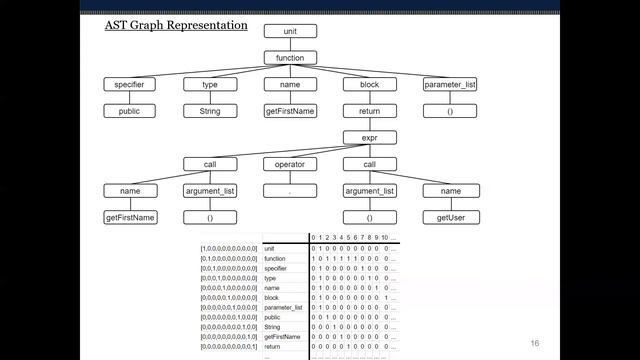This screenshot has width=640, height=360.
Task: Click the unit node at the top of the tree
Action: pyautogui.click(x=290, y=32)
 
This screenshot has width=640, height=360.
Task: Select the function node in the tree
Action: pyautogui.click(x=290, y=58)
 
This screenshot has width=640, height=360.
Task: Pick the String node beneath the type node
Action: pyautogui.click(x=210, y=111)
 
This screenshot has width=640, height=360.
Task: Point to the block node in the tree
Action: pyautogui.click(x=369, y=85)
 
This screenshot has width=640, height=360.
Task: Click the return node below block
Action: pyautogui.click(x=369, y=111)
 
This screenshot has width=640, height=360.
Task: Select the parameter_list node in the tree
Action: pyautogui.click(x=449, y=85)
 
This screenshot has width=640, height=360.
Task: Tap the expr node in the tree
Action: pyautogui.click(x=369, y=138)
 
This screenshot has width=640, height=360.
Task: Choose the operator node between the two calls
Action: pyautogui.click(x=290, y=164)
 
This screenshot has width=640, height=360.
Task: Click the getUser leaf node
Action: pyautogui.click(x=449, y=217)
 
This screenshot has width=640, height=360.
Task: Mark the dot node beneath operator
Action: pyautogui.click(x=290, y=190)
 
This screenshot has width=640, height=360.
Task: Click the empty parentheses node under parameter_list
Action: pyautogui.click(x=449, y=111)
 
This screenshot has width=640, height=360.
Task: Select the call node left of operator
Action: pyautogui.click(x=210, y=164)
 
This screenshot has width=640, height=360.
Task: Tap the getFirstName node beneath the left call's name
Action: pyautogui.click(x=130, y=217)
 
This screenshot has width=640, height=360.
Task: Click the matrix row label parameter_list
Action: pyautogui.click(x=284, y=306)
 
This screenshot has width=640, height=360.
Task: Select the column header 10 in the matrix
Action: pyautogui.click(x=384, y=237)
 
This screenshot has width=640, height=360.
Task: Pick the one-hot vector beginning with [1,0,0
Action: pyautogui.click(x=229, y=247)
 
